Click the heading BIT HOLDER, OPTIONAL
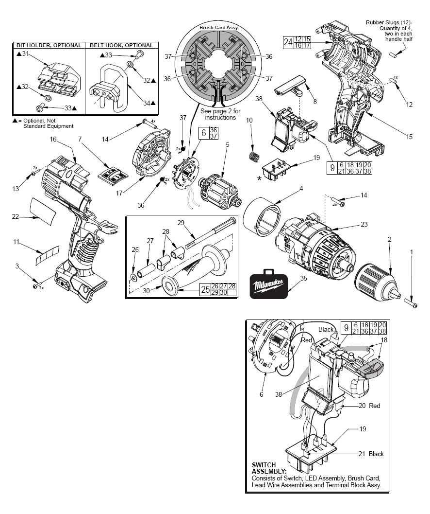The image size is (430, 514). pyautogui.click(x=49, y=45)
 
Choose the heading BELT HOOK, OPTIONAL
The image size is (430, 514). pyautogui.click(x=121, y=45)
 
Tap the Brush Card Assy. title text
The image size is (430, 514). pyautogui.click(x=219, y=28)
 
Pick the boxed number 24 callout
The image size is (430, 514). pyautogui.click(x=288, y=42)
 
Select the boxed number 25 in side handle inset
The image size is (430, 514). pyautogui.click(x=206, y=290)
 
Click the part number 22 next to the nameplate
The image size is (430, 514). pyautogui.click(x=16, y=217)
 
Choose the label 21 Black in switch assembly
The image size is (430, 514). pyautogui.click(x=371, y=454)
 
